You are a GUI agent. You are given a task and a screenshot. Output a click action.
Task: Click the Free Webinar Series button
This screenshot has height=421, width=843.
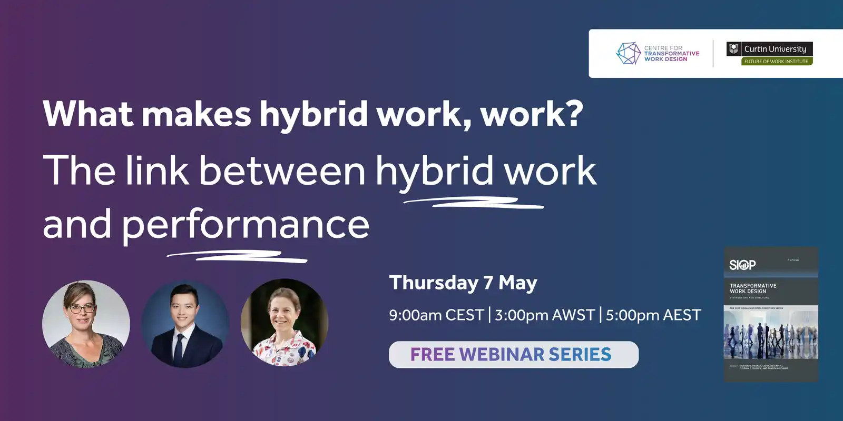514,355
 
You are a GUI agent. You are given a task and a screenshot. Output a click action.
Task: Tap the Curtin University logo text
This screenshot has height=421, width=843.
775,49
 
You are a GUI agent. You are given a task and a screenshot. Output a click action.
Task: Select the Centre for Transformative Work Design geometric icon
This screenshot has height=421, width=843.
628,53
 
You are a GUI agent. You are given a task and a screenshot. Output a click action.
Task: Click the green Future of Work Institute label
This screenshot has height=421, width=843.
776,62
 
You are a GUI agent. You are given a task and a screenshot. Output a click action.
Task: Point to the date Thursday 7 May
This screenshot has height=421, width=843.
463,283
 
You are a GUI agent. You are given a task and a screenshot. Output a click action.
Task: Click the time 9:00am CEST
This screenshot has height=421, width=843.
436,315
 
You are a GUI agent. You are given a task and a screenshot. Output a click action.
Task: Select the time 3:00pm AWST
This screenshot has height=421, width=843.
545,315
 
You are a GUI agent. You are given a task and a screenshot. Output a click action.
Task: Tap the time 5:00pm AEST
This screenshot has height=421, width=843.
653,315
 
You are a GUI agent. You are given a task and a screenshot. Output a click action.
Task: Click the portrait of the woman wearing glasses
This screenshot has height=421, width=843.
86,324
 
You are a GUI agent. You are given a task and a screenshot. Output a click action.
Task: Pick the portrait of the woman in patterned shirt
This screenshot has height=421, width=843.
285,323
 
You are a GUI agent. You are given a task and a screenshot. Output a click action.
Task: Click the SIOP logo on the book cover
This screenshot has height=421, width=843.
742,265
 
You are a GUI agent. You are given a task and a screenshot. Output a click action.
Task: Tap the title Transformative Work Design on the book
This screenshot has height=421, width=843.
753,288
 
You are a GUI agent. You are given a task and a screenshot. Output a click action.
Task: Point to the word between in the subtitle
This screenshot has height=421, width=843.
282,171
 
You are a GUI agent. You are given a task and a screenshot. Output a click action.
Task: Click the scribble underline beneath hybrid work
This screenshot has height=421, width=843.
473,202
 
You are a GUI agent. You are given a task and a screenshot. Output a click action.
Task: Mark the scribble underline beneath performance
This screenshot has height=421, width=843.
237,256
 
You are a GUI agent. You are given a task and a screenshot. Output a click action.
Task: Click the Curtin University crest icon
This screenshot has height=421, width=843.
733,49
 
